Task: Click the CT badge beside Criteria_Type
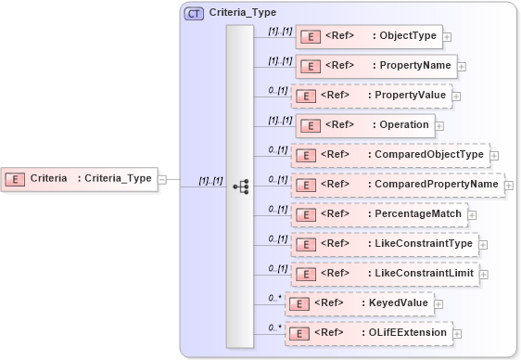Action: click(x=195, y=13)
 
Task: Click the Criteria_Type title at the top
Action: click(x=243, y=13)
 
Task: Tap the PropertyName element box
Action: click(x=375, y=66)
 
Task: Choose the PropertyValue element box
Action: click(x=371, y=96)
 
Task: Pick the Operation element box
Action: click(x=364, y=125)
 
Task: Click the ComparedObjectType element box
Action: click(x=389, y=155)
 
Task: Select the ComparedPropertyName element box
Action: click(x=397, y=185)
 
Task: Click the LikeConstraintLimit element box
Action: click(x=384, y=274)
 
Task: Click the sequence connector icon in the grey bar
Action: click(x=241, y=186)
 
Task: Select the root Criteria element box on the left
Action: click(x=78, y=178)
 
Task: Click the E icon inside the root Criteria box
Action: click(x=15, y=178)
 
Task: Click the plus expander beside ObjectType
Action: click(x=448, y=37)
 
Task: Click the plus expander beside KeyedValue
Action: click(x=438, y=304)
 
